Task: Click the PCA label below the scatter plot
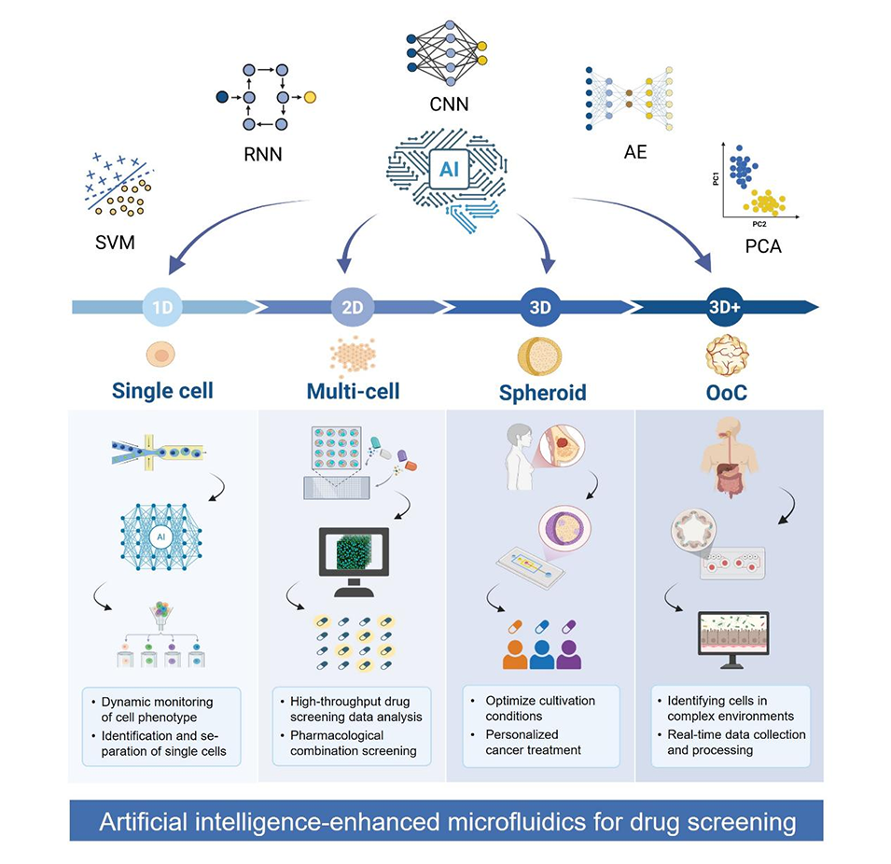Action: [764, 248]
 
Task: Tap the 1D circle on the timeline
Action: [161, 307]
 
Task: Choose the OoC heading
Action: [725, 391]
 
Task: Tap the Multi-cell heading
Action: [352, 391]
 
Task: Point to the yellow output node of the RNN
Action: [311, 97]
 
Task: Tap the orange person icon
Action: [515, 653]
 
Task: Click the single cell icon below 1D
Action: [160, 355]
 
